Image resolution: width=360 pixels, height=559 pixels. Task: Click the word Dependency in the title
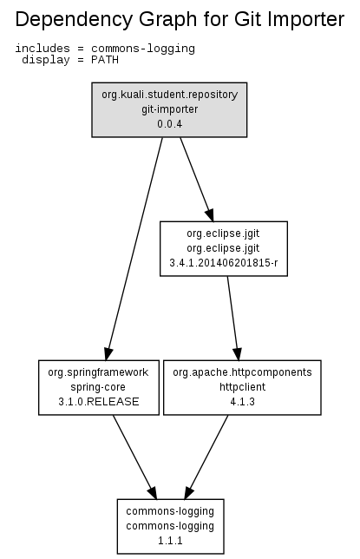pyautogui.click(x=74, y=20)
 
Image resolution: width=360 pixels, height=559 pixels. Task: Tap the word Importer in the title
pyautogui.click(x=306, y=19)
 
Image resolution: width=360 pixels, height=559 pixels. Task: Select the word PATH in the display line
pyautogui.click(x=105, y=60)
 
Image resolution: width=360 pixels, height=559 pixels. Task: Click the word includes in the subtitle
pyautogui.click(x=43, y=48)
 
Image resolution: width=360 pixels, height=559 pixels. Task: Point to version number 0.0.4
pyautogui.click(x=170, y=124)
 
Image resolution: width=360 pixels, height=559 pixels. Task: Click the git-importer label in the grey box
pyautogui.click(x=170, y=109)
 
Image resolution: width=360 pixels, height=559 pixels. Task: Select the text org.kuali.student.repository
pyautogui.click(x=170, y=95)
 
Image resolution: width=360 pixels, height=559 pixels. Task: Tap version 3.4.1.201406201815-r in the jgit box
pyautogui.click(x=224, y=263)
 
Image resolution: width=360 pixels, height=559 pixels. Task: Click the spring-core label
pyautogui.click(x=98, y=387)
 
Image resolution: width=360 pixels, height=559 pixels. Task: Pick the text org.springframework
pyautogui.click(x=98, y=372)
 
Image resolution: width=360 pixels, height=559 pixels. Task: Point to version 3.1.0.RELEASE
pyautogui.click(x=99, y=401)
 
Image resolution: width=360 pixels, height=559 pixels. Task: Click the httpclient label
pyautogui.click(x=242, y=387)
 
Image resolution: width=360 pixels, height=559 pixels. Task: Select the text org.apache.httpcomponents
pyautogui.click(x=242, y=372)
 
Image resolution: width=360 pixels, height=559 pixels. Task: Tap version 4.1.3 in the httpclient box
pyautogui.click(x=242, y=401)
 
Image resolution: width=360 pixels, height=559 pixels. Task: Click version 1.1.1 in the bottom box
pyautogui.click(x=170, y=541)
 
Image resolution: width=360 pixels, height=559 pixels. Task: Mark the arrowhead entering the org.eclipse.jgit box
pyautogui.click(x=210, y=214)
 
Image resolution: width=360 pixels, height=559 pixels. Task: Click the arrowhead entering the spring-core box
pyautogui.click(x=108, y=353)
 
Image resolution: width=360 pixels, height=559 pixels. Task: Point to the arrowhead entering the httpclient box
pyautogui.click(x=238, y=353)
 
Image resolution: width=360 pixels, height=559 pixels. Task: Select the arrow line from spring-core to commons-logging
pyautogui.click(x=135, y=457)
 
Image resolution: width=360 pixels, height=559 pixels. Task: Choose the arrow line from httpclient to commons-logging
pyautogui.click(x=206, y=457)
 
